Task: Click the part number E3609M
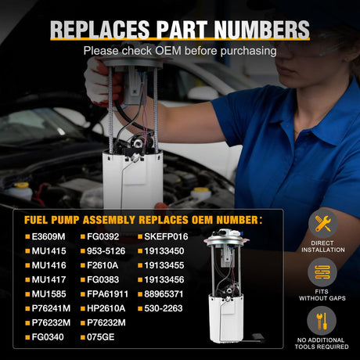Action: click(49, 236)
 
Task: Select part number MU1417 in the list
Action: click(49, 279)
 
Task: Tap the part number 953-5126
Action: click(106, 251)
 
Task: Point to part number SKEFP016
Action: click(166, 236)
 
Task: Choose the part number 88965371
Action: click(164, 294)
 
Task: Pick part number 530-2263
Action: click(164, 308)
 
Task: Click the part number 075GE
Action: click(101, 337)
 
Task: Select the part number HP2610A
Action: click(106, 308)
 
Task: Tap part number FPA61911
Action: click(107, 294)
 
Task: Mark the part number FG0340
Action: click(48, 337)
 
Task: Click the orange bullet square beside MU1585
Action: click(27, 294)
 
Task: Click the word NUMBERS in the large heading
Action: click(261, 30)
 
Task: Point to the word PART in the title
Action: click(182, 30)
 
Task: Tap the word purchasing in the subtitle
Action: click(248, 51)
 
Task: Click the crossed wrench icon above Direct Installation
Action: click(323, 224)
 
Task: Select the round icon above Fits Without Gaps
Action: click(322, 272)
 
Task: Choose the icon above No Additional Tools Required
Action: click(322, 321)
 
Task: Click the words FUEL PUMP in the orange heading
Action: click(52, 220)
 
